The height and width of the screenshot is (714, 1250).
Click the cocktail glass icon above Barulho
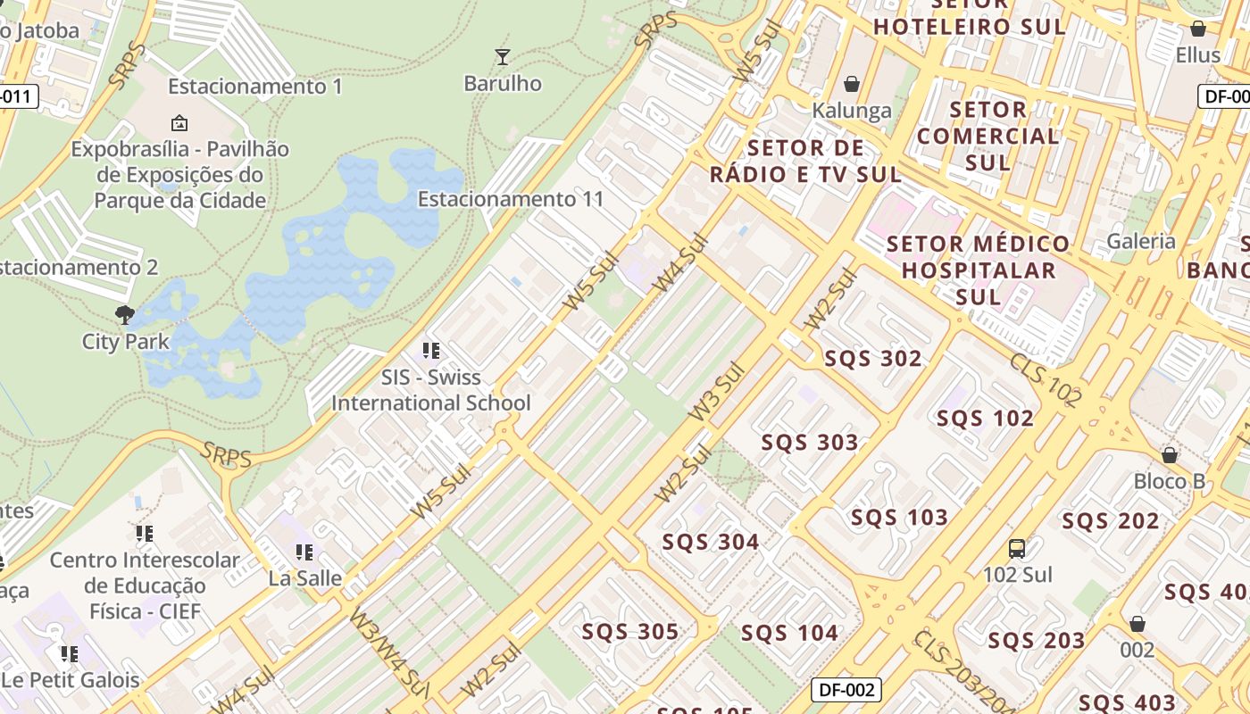[x=503, y=57]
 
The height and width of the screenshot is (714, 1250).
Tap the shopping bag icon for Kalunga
[x=852, y=84]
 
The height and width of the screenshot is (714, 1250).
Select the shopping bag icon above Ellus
[x=1198, y=29]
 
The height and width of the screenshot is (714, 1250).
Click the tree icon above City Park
[x=125, y=314]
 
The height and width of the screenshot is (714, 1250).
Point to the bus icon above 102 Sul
[x=1017, y=548]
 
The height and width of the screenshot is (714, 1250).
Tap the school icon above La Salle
[x=304, y=552]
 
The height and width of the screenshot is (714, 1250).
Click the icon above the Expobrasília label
[x=179, y=122]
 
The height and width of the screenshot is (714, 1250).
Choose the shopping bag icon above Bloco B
[x=1170, y=455]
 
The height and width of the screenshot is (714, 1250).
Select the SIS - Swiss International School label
[x=431, y=390]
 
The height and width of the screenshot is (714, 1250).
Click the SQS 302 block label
[x=872, y=359]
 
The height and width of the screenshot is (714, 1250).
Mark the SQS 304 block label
[x=711, y=542]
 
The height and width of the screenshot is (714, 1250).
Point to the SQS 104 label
[x=789, y=634]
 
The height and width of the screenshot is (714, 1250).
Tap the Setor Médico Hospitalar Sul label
[x=979, y=270]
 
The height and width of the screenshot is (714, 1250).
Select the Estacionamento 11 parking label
[x=511, y=199]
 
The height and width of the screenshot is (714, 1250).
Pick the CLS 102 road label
[x=1046, y=379]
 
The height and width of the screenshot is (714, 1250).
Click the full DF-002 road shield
[x=846, y=689]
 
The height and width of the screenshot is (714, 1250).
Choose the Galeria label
[x=1141, y=241]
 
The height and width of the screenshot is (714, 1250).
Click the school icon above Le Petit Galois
[x=69, y=654]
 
